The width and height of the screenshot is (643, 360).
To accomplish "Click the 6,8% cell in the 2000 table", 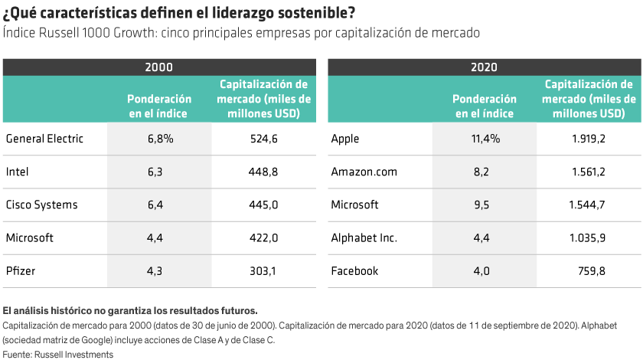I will [x=160, y=139].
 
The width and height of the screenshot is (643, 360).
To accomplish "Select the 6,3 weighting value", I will [x=160, y=172].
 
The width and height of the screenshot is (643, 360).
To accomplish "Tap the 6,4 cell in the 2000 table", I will [x=160, y=205].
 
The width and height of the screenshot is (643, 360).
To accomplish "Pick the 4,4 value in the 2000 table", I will [x=160, y=237].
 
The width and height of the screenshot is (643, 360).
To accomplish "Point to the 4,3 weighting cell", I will [x=160, y=270].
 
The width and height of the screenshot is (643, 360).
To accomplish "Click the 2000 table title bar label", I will [x=159, y=67].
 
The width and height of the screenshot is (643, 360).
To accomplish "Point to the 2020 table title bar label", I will [x=485, y=67].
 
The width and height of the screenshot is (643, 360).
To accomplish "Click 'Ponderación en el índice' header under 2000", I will [x=159, y=106].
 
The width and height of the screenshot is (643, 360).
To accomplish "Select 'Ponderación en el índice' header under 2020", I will [x=485, y=106].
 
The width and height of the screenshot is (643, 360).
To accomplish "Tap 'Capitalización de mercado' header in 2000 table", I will [x=263, y=99].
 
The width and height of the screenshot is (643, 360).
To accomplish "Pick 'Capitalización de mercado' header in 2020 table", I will [x=589, y=99].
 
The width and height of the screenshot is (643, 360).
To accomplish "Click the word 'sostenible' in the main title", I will [x=317, y=14].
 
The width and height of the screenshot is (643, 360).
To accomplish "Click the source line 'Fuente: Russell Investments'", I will [x=57, y=354].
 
